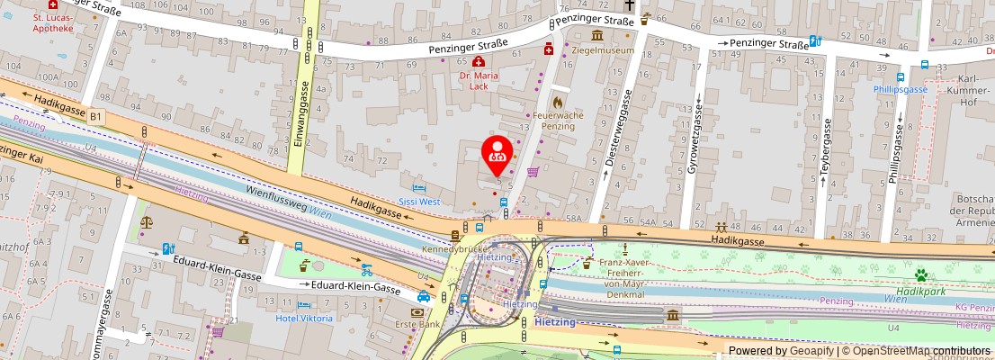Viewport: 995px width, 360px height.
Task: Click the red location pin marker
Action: point(497,155)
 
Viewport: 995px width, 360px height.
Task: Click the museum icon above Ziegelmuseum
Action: point(597,35)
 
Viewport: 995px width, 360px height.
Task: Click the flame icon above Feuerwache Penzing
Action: point(558,103)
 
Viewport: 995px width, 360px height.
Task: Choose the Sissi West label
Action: point(419,202)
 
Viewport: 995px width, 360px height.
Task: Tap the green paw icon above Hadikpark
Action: point(921,274)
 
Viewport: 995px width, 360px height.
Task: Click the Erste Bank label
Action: point(416,324)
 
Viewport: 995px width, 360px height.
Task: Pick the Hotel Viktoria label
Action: point(304,318)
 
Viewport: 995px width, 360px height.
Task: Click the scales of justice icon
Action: point(146,218)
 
